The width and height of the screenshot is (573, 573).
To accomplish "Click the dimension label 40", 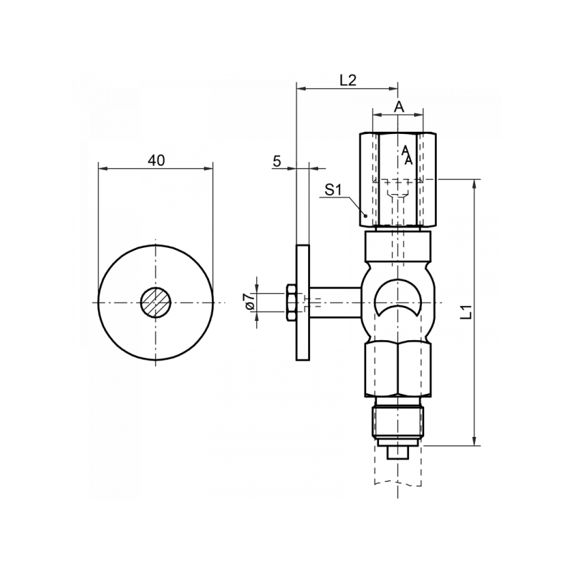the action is coord(156,160).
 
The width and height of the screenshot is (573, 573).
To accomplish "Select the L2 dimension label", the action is coord(348,80).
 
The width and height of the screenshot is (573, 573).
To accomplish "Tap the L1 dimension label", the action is coord(466,312).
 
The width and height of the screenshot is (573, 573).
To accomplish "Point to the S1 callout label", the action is coord(333,190).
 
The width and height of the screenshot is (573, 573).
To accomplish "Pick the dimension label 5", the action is coord(277,160).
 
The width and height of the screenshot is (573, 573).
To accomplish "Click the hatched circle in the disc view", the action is coord(155,302).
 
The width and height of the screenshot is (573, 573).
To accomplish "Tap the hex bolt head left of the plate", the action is coord(291,302).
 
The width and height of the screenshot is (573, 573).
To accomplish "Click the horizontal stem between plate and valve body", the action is coord(335,302).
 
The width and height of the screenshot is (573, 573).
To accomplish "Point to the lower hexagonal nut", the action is coord(398,369).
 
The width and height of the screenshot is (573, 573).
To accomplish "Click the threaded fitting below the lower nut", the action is coord(398,422).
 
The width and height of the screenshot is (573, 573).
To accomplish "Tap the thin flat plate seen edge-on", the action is coord(302,302).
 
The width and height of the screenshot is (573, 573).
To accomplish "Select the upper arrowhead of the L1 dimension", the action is coord(475,183).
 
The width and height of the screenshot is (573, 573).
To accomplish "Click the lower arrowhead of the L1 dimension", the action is coord(475,441).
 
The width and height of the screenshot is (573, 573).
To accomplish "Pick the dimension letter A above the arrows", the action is coord(399,107).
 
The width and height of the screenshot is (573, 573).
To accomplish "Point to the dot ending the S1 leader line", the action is coord(365,215).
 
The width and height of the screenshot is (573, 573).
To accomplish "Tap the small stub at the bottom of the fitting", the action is coord(398,453).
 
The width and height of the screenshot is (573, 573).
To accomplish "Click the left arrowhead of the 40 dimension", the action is coord(102,168).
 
